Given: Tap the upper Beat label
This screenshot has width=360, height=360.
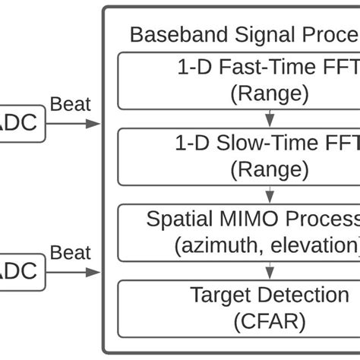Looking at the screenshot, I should [70, 104].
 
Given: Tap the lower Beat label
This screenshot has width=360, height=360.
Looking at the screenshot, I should [70, 253].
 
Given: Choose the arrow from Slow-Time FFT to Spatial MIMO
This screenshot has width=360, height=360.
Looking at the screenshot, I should [269, 193].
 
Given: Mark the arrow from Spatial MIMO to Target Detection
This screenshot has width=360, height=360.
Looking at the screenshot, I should [269, 268].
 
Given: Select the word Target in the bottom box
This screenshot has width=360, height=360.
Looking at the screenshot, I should [219, 295].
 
